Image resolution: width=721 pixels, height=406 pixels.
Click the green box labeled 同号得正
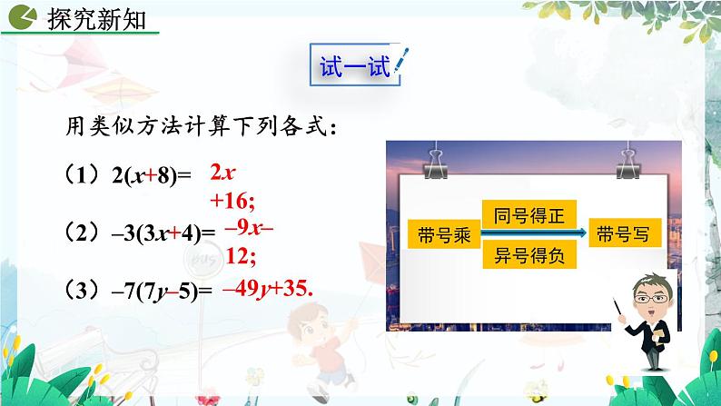(529, 216)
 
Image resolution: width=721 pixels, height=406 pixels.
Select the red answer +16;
(232, 196)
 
